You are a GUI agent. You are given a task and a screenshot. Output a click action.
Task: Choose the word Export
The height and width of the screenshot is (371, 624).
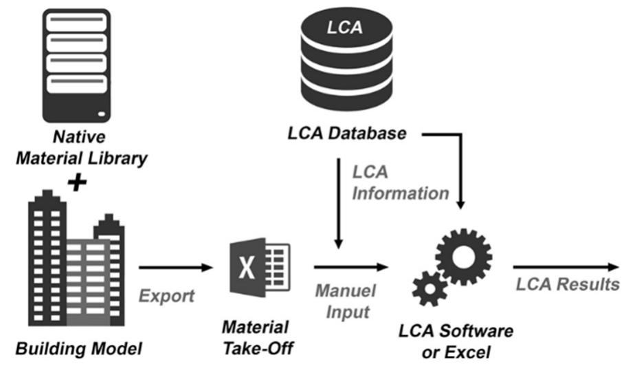(x=168, y=296)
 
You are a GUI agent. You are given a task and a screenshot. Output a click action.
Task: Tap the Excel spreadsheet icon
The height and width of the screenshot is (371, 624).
(x=258, y=268)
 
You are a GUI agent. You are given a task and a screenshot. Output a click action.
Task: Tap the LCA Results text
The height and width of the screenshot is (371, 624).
(x=568, y=284)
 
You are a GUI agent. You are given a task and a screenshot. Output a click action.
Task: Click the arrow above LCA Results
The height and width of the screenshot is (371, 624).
(x=568, y=267)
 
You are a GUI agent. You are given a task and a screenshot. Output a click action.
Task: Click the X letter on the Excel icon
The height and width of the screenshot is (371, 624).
(x=246, y=268)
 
